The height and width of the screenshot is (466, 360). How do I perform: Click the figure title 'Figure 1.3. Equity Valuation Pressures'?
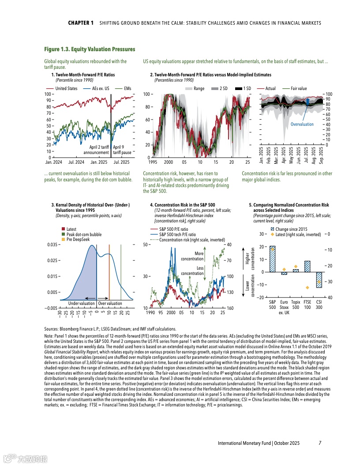tap(90, 49)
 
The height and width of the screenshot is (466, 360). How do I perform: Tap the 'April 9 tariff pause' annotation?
tap(122, 150)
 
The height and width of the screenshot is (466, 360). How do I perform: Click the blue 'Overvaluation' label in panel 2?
tap(302, 124)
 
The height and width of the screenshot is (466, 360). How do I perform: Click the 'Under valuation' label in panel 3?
tap(81, 303)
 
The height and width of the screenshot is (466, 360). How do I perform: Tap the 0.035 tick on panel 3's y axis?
tap(52, 244)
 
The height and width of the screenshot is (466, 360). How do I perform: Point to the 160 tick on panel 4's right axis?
tap(230, 308)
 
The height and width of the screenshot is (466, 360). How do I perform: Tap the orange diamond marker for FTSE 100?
tap(307, 288)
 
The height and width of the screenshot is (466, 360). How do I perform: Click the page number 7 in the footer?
tap(320, 443)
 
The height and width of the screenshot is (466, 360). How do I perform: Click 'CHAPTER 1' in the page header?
tap(81, 23)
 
